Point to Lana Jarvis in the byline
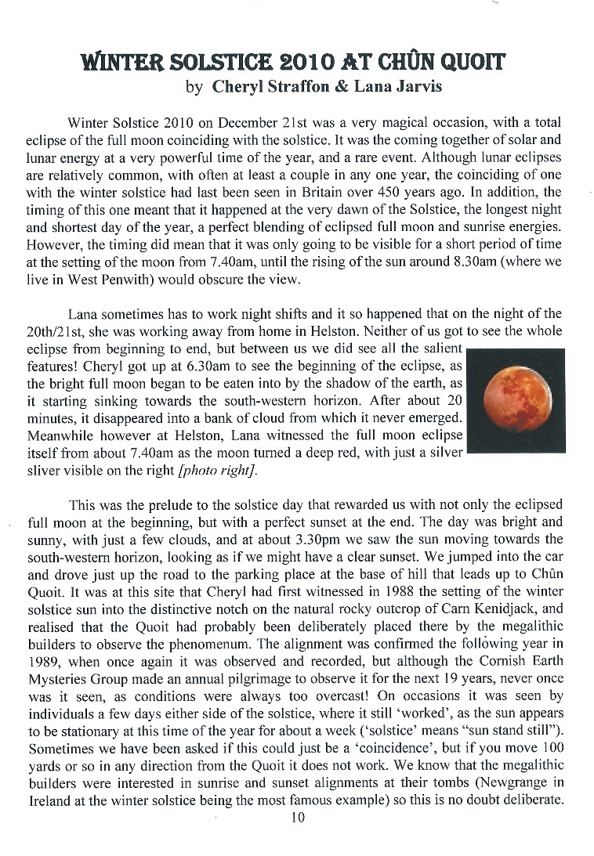pyautogui.click(x=398, y=86)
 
